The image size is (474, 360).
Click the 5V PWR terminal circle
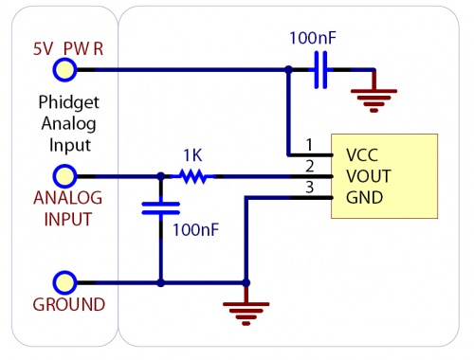pyautogui.click(x=64, y=69)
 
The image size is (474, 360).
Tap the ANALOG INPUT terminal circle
pyautogui.click(x=64, y=176)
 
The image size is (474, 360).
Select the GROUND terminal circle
pyautogui.click(x=64, y=282)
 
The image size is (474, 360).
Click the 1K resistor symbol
pyautogui.click(x=195, y=176)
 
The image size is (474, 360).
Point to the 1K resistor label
pyautogui.click(x=193, y=153)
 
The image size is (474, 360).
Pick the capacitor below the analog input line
pyautogui.click(x=160, y=208)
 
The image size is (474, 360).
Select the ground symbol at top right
pyautogui.click(x=374, y=92)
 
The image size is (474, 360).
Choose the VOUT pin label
pyautogui.click(x=368, y=176)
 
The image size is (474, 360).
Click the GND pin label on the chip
pyautogui.click(x=364, y=198)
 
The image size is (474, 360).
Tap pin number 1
pyautogui.click(x=308, y=145)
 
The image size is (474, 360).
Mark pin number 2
pyautogui.click(x=308, y=167)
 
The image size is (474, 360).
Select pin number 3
pyautogui.click(x=308, y=189)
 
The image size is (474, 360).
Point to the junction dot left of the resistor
pyautogui.click(x=160, y=176)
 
